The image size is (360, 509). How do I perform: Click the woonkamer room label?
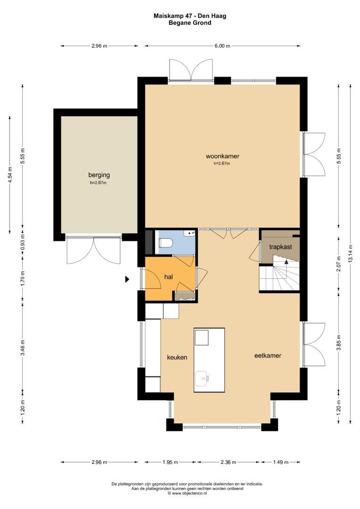pyautogui.click(x=222, y=156)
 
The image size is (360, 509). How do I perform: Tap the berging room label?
pyautogui.click(x=99, y=175)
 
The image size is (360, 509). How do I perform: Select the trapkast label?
pyautogui.click(x=280, y=247)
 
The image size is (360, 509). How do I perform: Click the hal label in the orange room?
pyautogui.click(x=169, y=277)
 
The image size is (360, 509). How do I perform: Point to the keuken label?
pyautogui.click(x=177, y=357)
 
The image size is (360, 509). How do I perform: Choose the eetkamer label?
pyautogui.click(x=268, y=355)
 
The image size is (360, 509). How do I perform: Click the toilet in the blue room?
pyautogui.click(x=165, y=243)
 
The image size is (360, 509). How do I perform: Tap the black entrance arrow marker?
pyautogui.click(x=127, y=279)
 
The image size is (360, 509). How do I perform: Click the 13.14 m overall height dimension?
pyautogui.click(x=350, y=254)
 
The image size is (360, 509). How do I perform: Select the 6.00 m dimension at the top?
pyautogui.click(x=222, y=46)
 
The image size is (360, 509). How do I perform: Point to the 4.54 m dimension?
pyautogui.click(x=10, y=175)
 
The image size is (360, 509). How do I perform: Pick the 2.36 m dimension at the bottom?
pyautogui.click(x=228, y=462)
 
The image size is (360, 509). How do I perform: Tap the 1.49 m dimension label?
pyautogui.click(x=280, y=462)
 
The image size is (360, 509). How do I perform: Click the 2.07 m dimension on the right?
pyautogui.click(x=339, y=264)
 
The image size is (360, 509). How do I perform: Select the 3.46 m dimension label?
pyautogui.click(x=23, y=348)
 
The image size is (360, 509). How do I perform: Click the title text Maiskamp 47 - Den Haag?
pyautogui.click(x=190, y=16)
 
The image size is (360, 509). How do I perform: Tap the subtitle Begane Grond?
pyautogui.click(x=190, y=23)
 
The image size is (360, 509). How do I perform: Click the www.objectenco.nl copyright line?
pyautogui.click(x=188, y=493)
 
